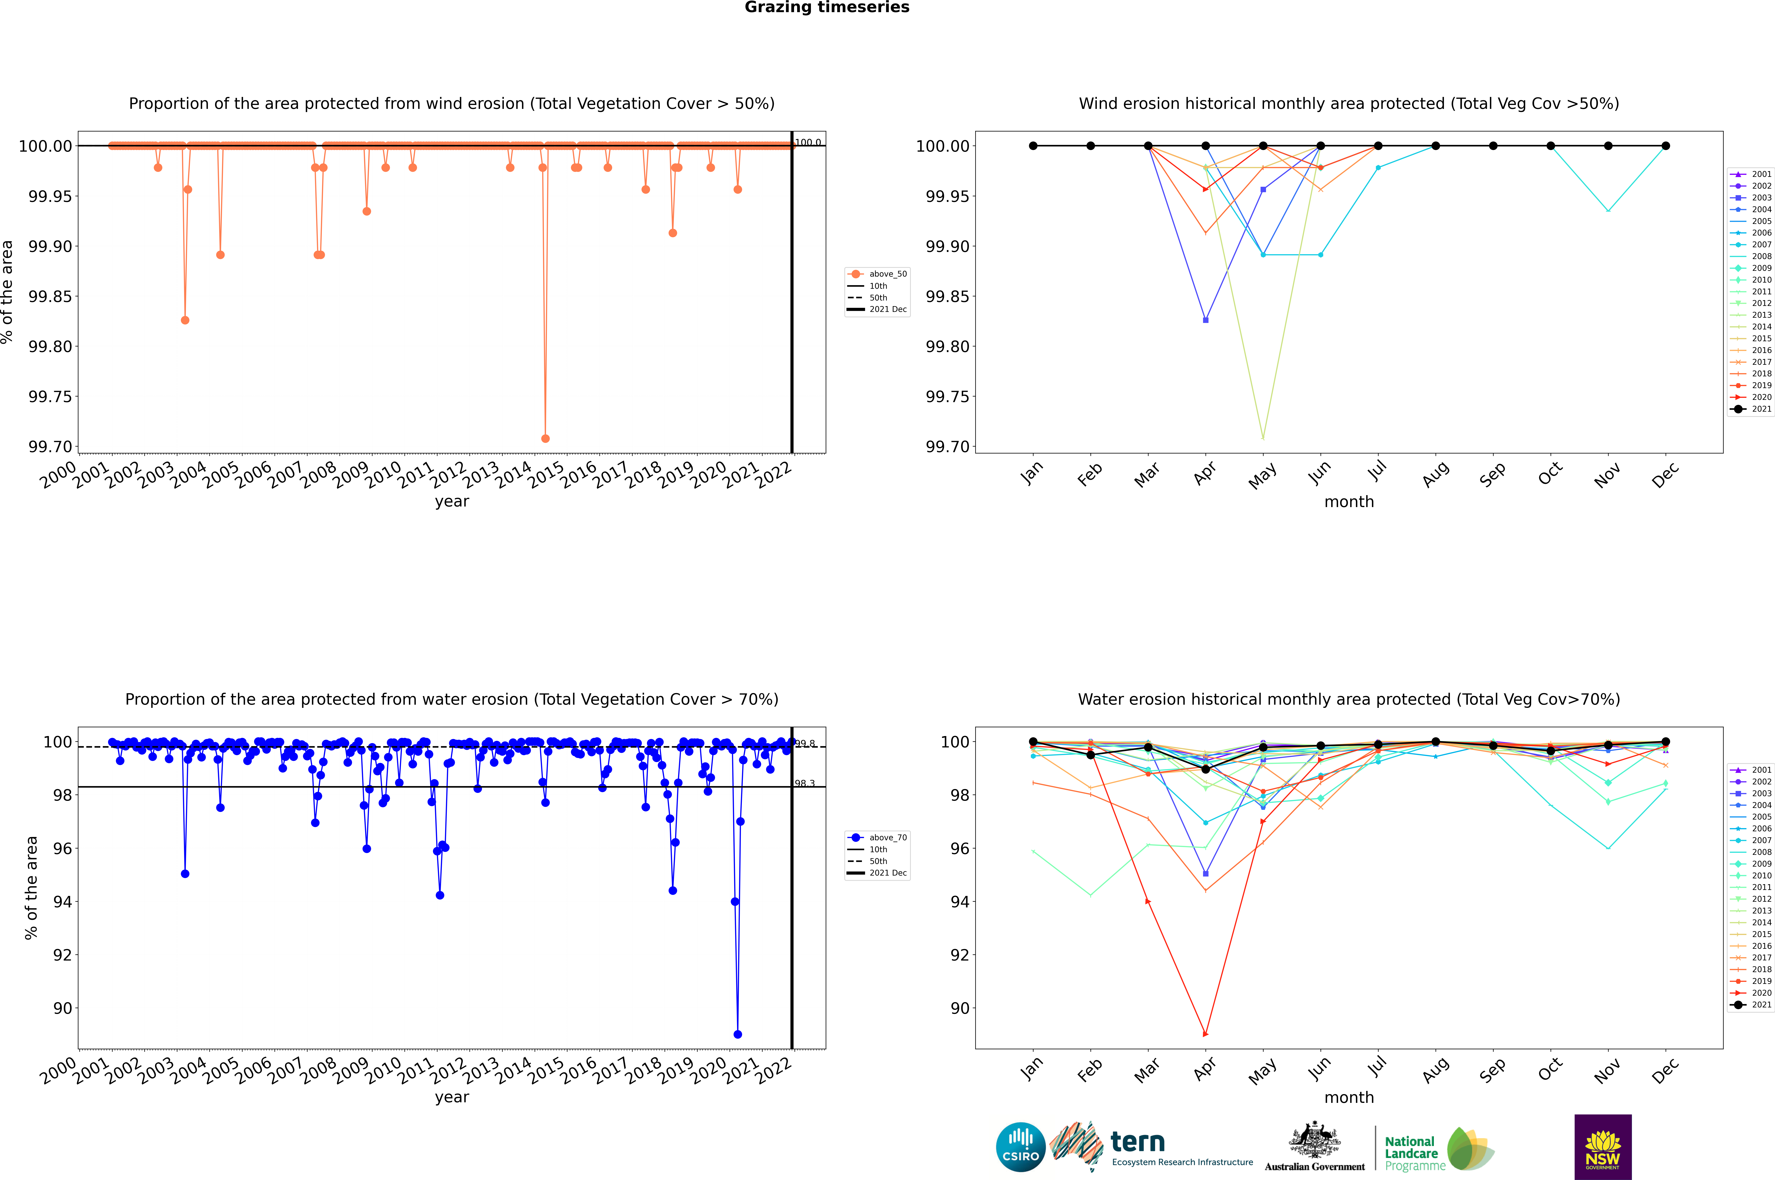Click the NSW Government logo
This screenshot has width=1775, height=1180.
[1603, 1147]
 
